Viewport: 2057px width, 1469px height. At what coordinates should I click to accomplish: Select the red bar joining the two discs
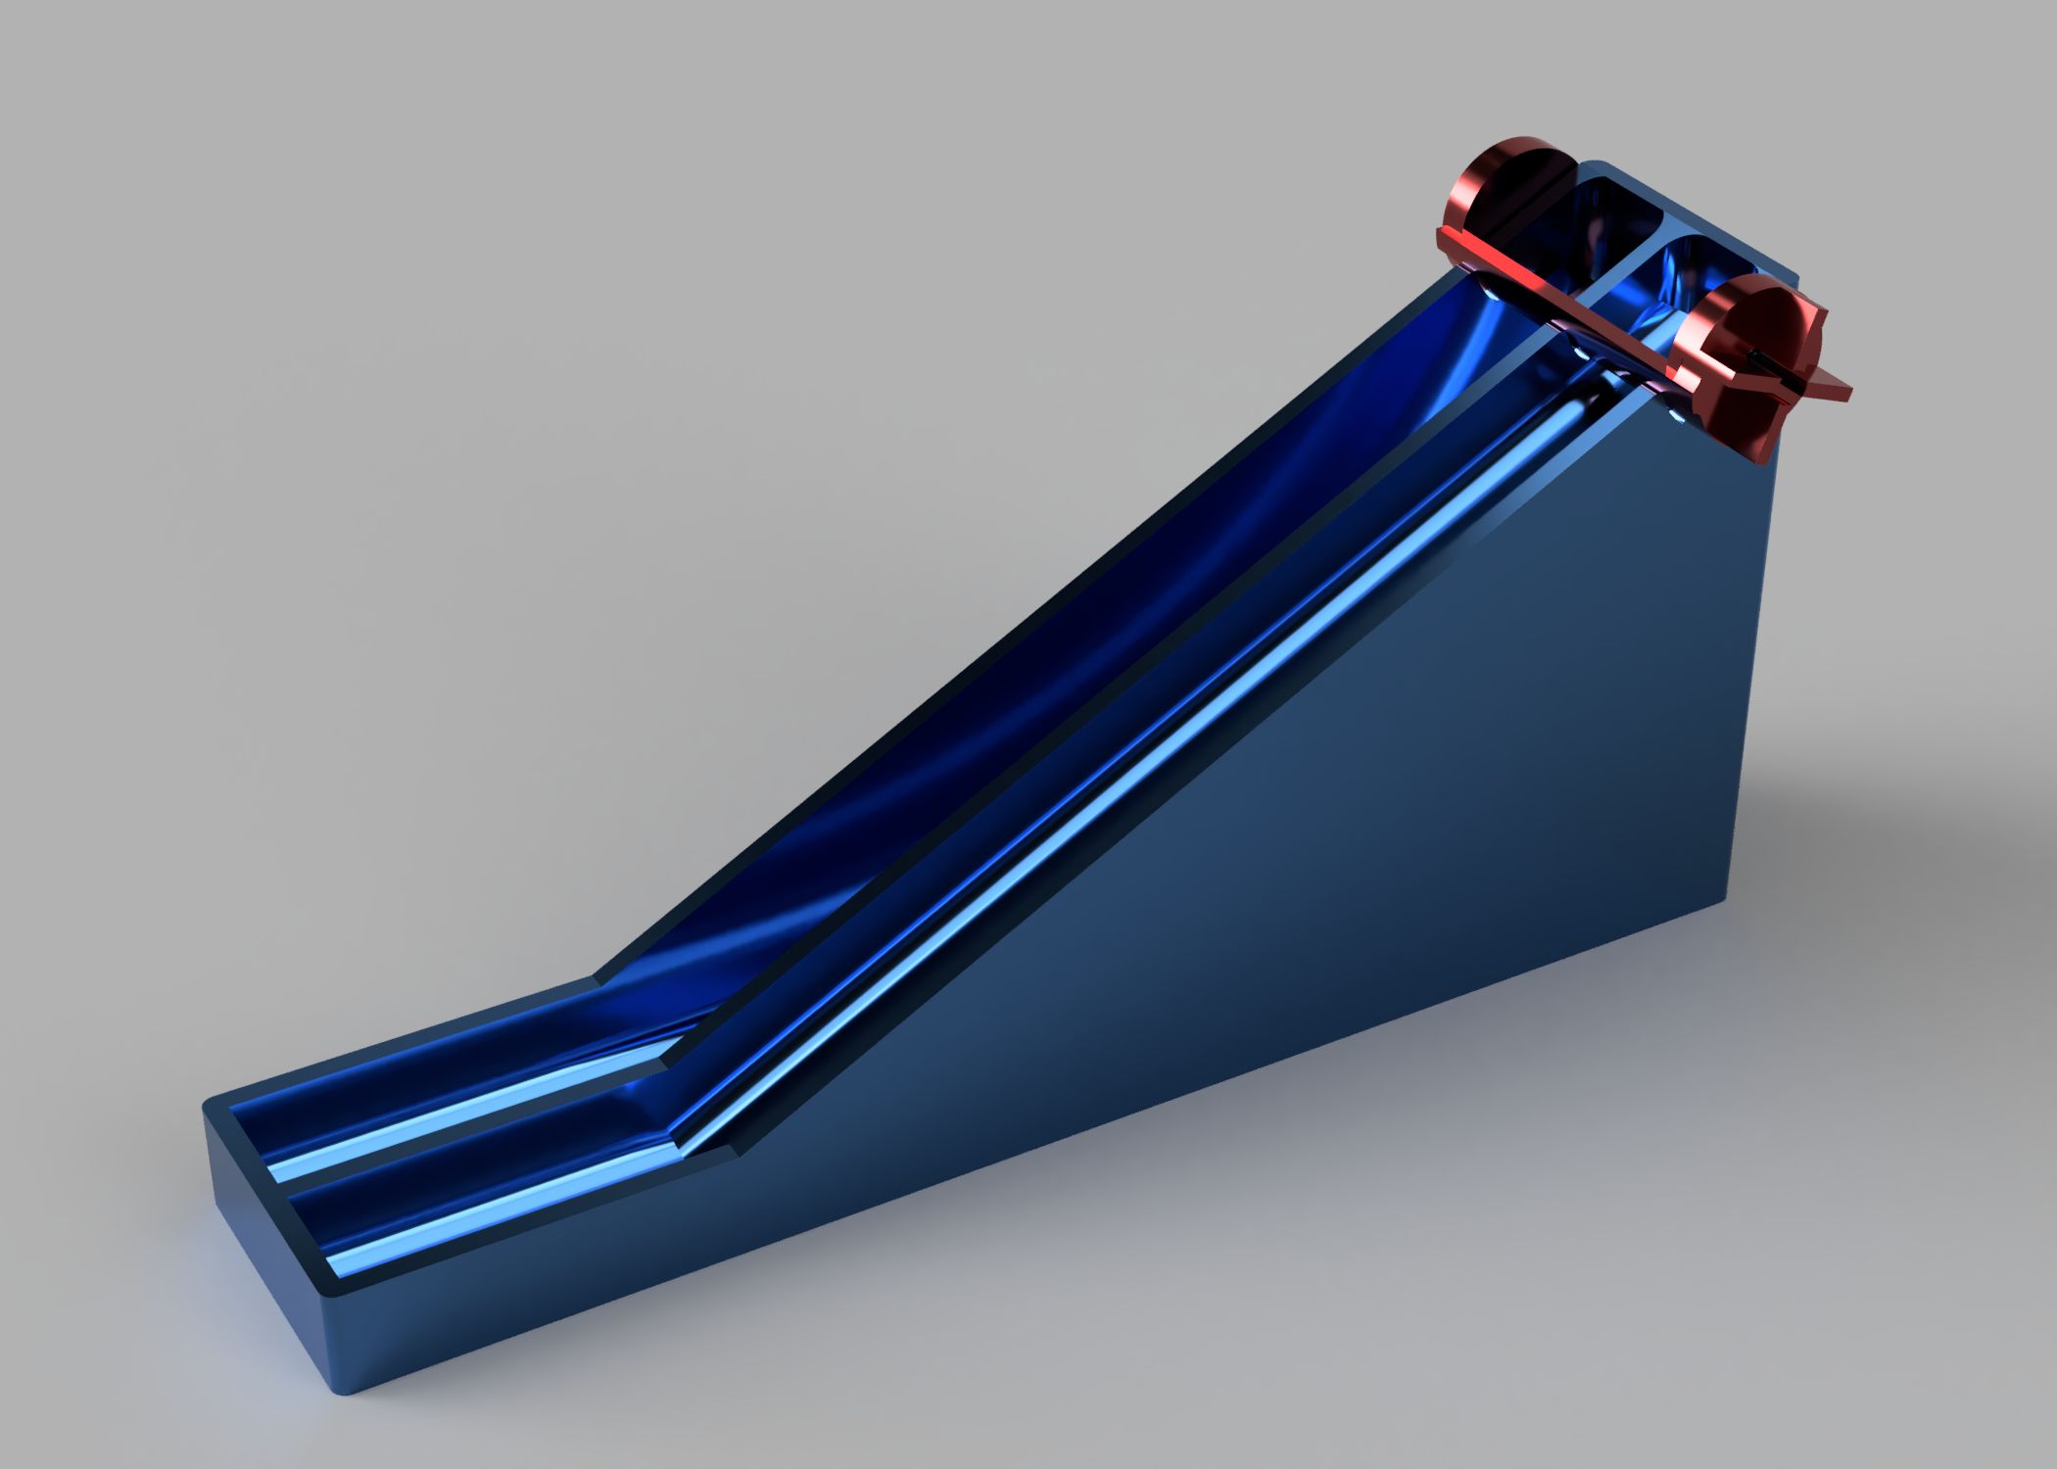[x=1606, y=294]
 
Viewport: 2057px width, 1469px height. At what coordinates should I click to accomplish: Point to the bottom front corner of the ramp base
[x=338, y=1391]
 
